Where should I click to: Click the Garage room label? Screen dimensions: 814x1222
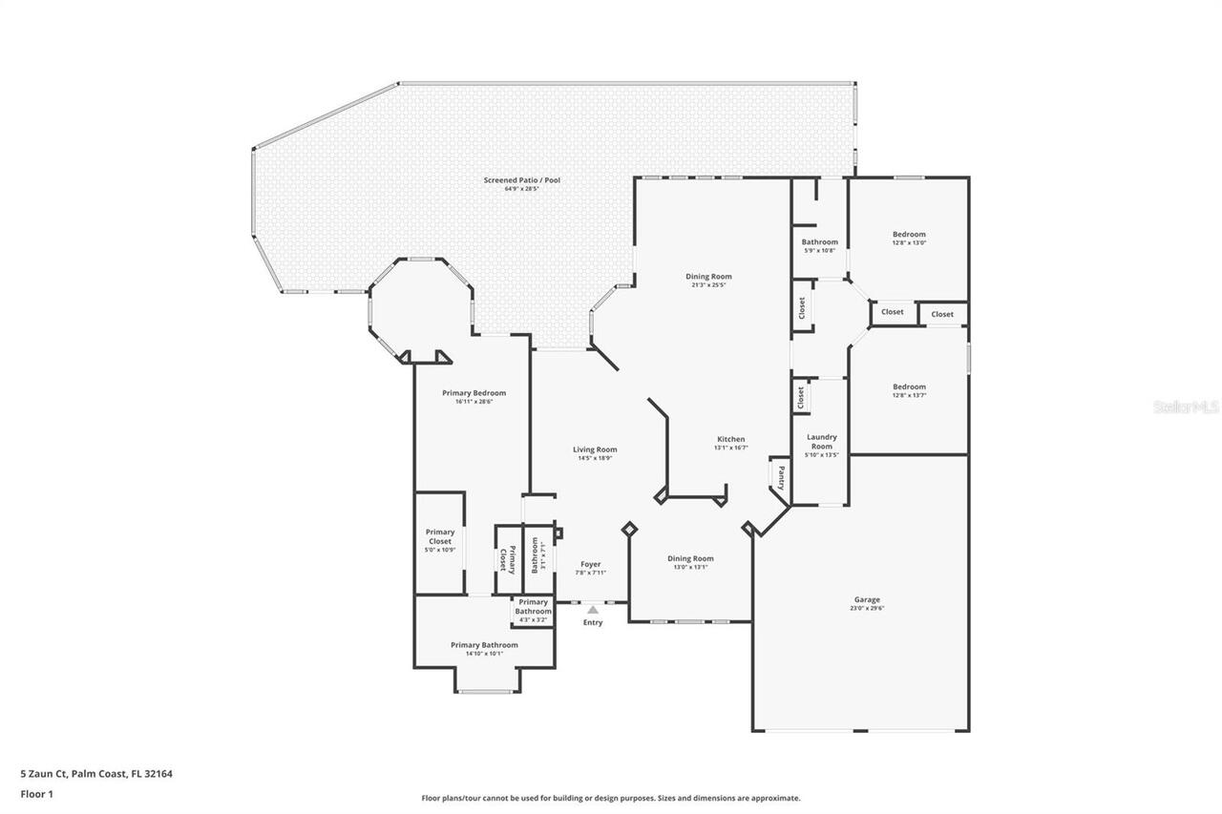(x=867, y=599)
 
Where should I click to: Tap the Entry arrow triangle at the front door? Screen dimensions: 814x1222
(x=593, y=609)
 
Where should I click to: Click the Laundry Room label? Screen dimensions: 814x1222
(x=822, y=442)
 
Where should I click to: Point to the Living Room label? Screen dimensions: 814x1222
(x=595, y=449)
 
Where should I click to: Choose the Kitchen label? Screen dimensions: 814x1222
(x=731, y=439)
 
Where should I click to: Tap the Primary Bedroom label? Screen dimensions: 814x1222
(x=474, y=393)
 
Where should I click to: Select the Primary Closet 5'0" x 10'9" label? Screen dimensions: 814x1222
(x=440, y=541)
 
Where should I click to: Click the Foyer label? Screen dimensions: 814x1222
(x=591, y=564)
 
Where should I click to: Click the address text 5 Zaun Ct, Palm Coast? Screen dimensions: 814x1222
(x=96, y=774)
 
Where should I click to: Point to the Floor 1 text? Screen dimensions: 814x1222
(x=36, y=793)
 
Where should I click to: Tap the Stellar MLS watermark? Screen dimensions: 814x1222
(x=1186, y=407)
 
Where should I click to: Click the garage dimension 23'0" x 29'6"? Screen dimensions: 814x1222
(x=867, y=609)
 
